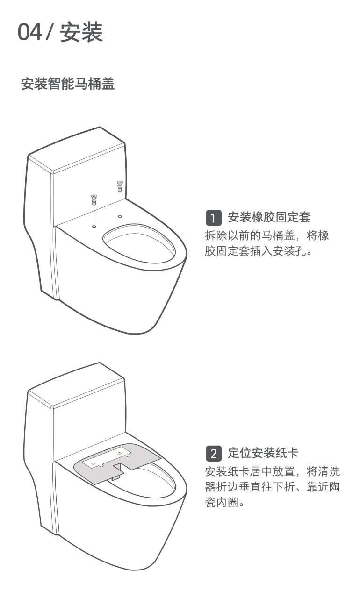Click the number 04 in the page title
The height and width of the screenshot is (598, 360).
coord(29,32)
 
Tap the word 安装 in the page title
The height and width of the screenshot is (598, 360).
coord(81,32)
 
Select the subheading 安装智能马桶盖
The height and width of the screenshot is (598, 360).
coord(68,84)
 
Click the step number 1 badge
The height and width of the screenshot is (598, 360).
coord(214,218)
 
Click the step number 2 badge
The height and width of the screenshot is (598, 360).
coord(214,454)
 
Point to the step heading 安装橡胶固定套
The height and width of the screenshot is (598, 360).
coord(269,217)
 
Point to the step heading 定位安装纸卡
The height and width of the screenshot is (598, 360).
coord(263,453)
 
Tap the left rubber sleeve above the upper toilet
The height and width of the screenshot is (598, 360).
coord(94,199)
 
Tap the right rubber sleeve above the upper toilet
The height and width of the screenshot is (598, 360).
coord(120,186)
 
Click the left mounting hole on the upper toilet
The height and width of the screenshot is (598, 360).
coord(94,227)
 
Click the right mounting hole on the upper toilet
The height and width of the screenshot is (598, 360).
coord(120,216)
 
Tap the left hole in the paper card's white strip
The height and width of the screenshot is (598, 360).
coord(93,463)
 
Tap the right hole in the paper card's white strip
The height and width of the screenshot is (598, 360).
coord(120,453)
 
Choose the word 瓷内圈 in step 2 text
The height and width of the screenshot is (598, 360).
coord(222,502)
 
